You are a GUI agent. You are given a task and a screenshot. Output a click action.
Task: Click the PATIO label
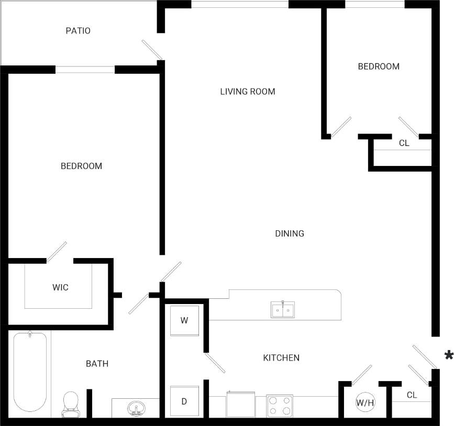pyautogui.click(x=78, y=31)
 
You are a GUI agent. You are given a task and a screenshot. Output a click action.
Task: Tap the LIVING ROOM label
pyautogui.click(x=247, y=92)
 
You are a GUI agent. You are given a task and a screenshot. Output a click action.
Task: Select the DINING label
pyautogui.click(x=290, y=233)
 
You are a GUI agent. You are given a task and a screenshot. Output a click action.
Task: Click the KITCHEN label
pyautogui.click(x=281, y=358)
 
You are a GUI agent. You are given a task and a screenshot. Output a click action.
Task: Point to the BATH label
pyautogui.click(x=97, y=363)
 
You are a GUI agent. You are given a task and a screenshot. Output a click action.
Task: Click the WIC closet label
pyautogui.click(x=60, y=287)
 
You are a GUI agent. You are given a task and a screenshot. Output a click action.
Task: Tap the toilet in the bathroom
pyautogui.click(x=70, y=405)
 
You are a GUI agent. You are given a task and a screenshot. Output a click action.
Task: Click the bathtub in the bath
pyautogui.click(x=30, y=372)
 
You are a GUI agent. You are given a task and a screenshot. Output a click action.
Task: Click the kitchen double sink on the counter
pyautogui.click(x=283, y=310)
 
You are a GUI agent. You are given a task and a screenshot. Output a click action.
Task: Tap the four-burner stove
pyautogui.click(x=279, y=406)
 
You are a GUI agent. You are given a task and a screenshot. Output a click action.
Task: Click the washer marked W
pyautogui.click(x=184, y=321)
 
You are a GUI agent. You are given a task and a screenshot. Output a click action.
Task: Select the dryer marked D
pyautogui.click(x=184, y=401)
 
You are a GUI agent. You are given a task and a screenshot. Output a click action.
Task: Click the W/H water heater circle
pyautogui.click(x=365, y=402)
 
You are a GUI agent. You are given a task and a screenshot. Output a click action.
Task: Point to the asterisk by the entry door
pyautogui.click(x=448, y=355)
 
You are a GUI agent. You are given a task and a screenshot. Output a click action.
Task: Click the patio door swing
pyautogui.click(x=152, y=50)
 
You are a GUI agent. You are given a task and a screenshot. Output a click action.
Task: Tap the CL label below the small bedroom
pyautogui.click(x=404, y=143)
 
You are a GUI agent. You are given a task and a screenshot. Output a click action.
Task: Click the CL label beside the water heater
pyautogui.click(x=412, y=395)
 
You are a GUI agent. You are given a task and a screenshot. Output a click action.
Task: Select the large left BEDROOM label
pyautogui.click(x=81, y=166)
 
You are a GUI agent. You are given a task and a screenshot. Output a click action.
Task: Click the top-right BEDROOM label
pyautogui.click(x=379, y=66)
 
